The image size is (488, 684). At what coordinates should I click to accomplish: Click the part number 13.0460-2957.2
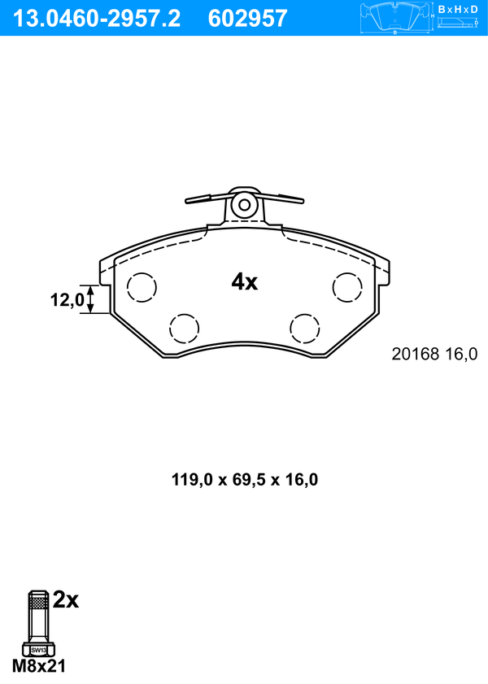[97, 19]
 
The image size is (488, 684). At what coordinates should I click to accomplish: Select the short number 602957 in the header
[247, 19]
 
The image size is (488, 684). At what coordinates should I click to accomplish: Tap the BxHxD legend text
[458, 9]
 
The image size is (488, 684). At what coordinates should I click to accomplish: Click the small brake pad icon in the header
[394, 18]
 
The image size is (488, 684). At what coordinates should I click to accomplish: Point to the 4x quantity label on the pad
[244, 281]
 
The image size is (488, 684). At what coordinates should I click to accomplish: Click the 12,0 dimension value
[67, 299]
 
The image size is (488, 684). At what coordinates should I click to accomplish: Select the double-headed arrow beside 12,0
[90, 299]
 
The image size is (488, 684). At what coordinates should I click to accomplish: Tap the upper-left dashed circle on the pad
[142, 287]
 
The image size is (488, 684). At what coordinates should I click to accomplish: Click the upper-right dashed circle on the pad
[347, 287]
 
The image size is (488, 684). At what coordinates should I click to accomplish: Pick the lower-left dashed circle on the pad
[184, 328]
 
